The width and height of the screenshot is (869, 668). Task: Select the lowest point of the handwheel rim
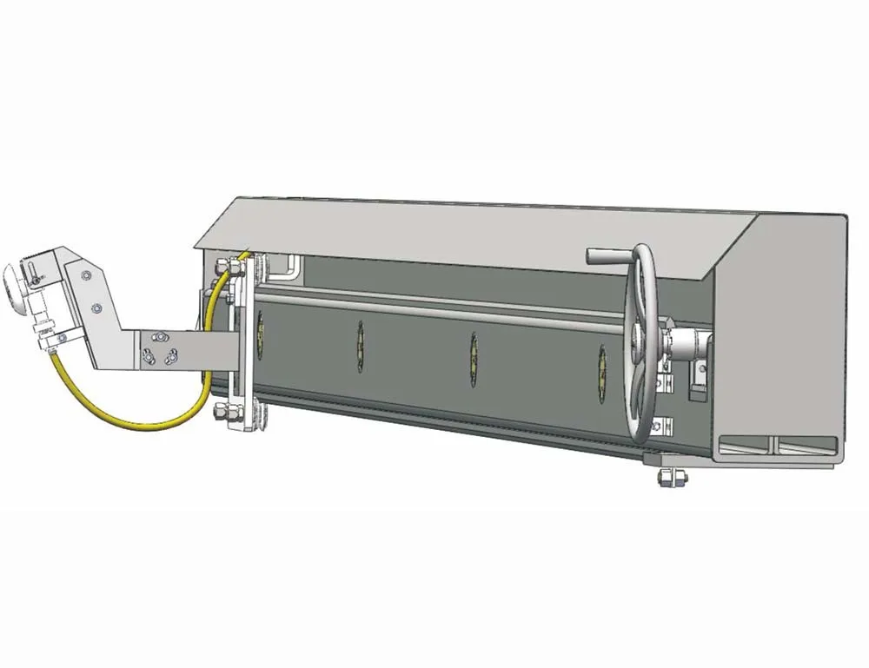coord(644,441)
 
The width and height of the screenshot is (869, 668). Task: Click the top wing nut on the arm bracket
coord(158,334)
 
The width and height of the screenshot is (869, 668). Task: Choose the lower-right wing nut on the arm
coord(171,354)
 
